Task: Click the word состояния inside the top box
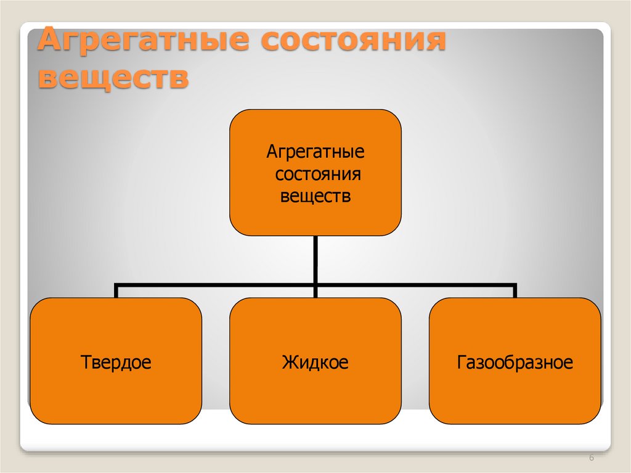tap(317, 175)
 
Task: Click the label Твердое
tap(116, 361)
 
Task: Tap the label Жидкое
tap(315, 361)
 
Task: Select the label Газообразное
tap(515, 361)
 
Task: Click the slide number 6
tap(592, 458)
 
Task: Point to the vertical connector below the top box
tap(315, 259)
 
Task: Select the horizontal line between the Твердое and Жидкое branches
tap(216, 285)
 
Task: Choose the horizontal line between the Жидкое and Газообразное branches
tap(415, 285)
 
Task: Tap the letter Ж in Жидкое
tap(289, 361)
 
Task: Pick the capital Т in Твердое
tap(85, 361)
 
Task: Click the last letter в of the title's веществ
tap(179, 80)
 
